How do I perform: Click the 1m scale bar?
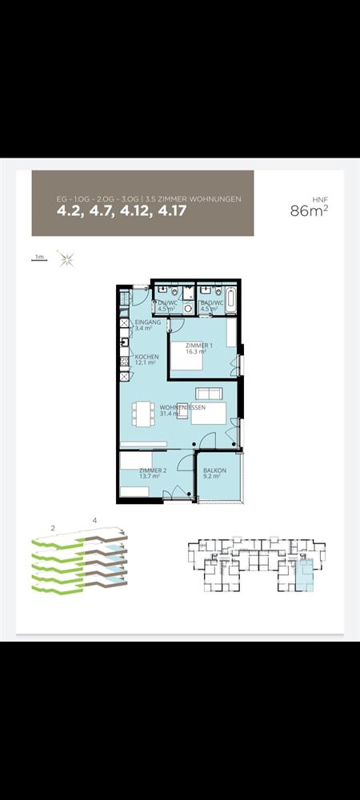(x=38, y=258)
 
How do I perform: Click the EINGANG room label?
(x=147, y=325)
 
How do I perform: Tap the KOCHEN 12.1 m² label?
(x=146, y=359)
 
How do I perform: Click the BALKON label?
(x=214, y=473)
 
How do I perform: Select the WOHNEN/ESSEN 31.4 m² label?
(x=182, y=410)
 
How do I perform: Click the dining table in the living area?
(x=145, y=414)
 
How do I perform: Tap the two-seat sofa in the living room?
(x=210, y=394)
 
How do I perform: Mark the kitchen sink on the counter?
(x=124, y=344)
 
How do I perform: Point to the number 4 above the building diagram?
(x=94, y=522)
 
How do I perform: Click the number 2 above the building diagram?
(x=52, y=528)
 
